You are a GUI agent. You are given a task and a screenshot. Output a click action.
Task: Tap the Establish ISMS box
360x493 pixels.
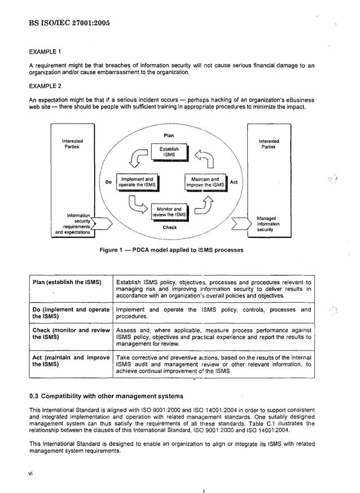click(x=169, y=152)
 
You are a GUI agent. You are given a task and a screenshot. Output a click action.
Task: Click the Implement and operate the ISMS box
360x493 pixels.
click(x=137, y=182)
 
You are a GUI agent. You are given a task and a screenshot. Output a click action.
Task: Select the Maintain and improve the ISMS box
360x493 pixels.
click(x=205, y=182)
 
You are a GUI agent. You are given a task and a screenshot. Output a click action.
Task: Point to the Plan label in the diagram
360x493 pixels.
click(x=169, y=136)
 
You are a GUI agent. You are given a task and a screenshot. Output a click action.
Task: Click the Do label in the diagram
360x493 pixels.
click(x=108, y=182)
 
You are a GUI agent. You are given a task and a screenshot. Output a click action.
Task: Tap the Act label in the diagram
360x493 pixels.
click(x=234, y=182)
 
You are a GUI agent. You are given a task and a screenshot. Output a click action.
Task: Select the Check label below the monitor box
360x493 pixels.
click(x=169, y=228)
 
